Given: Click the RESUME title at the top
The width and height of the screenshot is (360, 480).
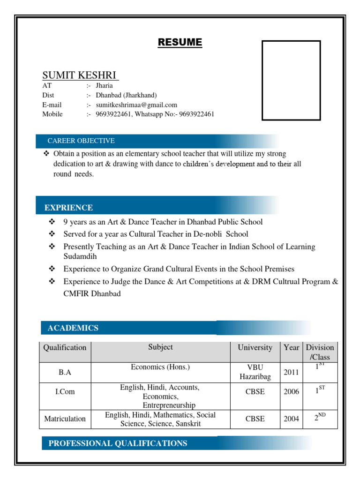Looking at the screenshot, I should (x=180, y=43).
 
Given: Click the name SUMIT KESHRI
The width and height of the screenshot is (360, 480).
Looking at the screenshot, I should (x=80, y=75).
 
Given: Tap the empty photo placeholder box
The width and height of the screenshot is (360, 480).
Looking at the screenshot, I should (x=291, y=80).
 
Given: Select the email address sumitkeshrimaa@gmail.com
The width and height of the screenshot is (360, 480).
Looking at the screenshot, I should (x=136, y=105).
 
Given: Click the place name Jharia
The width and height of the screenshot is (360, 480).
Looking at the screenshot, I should (x=104, y=86).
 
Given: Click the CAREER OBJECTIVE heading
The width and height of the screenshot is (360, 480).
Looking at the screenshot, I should (x=81, y=141).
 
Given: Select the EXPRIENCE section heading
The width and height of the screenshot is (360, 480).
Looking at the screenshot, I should (x=68, y=208).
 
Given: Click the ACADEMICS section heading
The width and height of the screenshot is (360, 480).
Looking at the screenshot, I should (x=73, y=328).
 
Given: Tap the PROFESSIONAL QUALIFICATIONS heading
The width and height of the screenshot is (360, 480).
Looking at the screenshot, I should (x=118, y=443).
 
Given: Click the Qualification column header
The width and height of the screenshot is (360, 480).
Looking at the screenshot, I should (x=65, y=348).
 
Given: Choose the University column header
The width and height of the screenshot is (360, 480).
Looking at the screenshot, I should (x=255, y=348).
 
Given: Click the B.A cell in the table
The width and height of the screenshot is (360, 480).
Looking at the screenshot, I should (x=65, y=372).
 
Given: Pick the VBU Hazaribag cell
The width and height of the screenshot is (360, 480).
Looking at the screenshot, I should (x=255, y=372).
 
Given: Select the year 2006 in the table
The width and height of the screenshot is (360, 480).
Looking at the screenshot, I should (x=291, y=392).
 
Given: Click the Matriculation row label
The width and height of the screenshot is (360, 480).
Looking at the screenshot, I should (x=65, y=419).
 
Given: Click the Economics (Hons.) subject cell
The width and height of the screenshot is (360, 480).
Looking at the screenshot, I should (x=160, y=367).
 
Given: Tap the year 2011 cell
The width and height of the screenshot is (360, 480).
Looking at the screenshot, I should (x=291, y=372).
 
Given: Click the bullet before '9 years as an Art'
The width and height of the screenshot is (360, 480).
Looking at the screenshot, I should (x=52, y=222).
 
